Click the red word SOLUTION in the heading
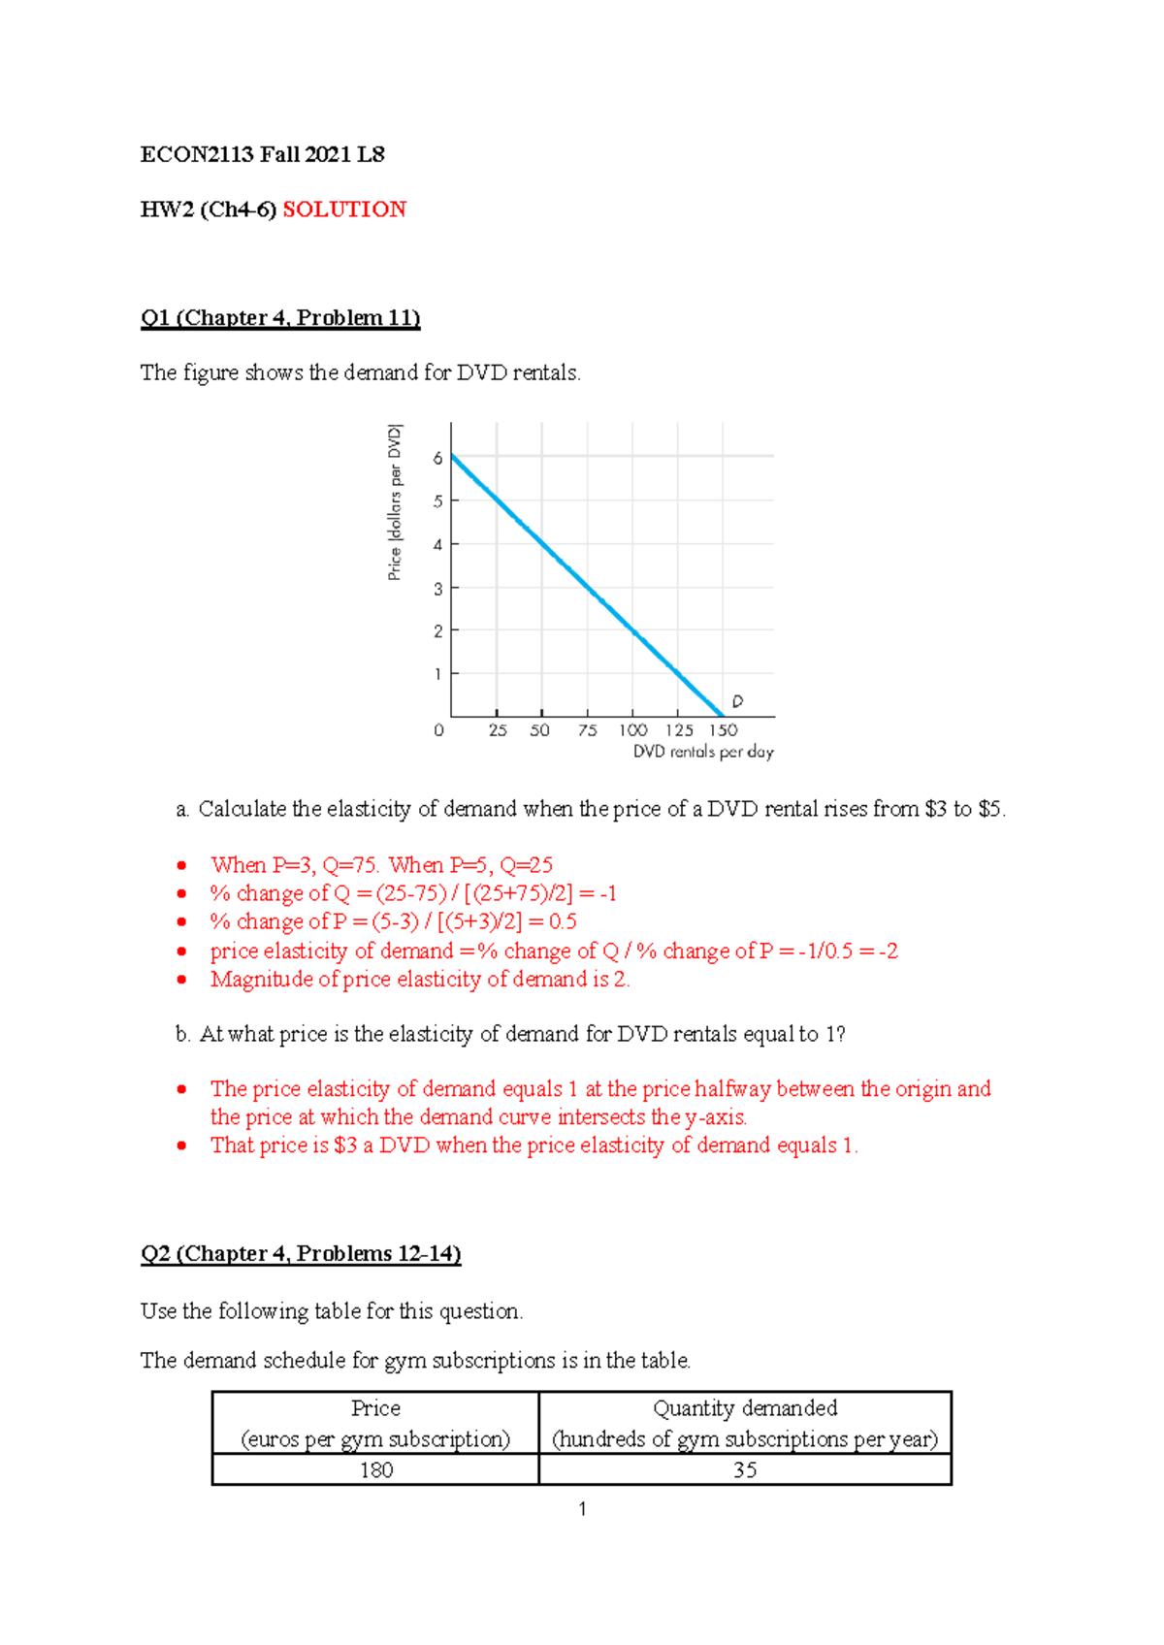pos(344,210)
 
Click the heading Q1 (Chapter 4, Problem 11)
pos(280,318)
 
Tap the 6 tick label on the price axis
pos(437,458)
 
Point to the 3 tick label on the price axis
pos(437,589)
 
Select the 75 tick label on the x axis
pos(587,730)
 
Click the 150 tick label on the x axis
pos(723,730)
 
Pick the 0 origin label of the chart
pos(438,730)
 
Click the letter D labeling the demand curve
pos(737,701)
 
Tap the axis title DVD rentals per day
pos(703,752)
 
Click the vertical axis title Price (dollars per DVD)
pos(395,502)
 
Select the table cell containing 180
pos(376,1470)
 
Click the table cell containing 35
pos(745,1470)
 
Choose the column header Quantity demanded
pos(745,1408)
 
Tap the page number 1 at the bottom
pos(582,1509)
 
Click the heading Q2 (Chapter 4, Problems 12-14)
pos(301,1254)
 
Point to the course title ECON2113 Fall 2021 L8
pos(263,155)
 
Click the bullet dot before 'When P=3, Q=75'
pos(181,865)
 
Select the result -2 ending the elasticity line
pos(888,952)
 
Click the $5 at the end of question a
pos(990,809)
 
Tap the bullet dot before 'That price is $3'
pos(181,1145)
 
